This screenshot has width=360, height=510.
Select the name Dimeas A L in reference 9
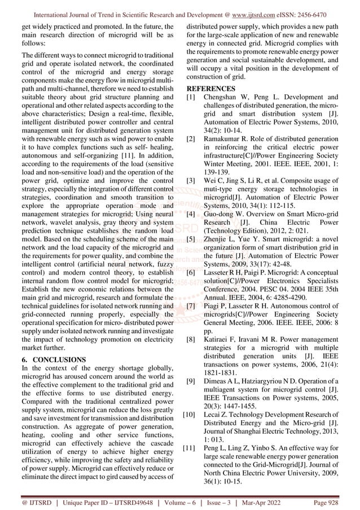coord(227,381)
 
